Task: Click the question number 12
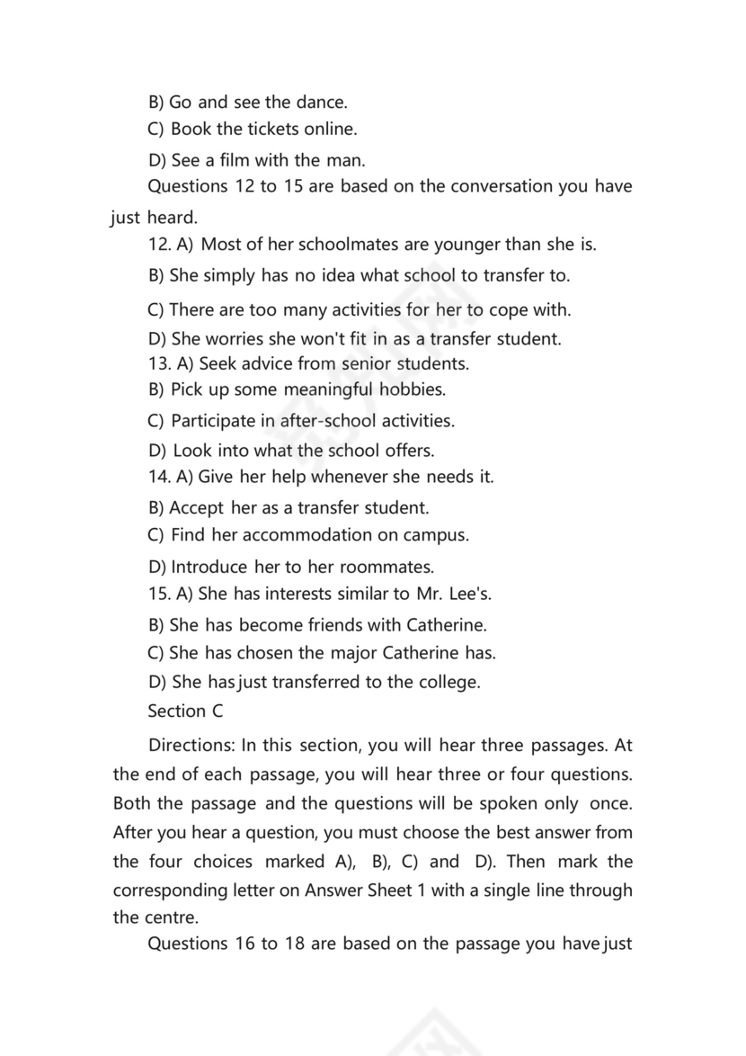(159, 244)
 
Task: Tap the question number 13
(157, 363)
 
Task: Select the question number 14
(159, 476)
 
